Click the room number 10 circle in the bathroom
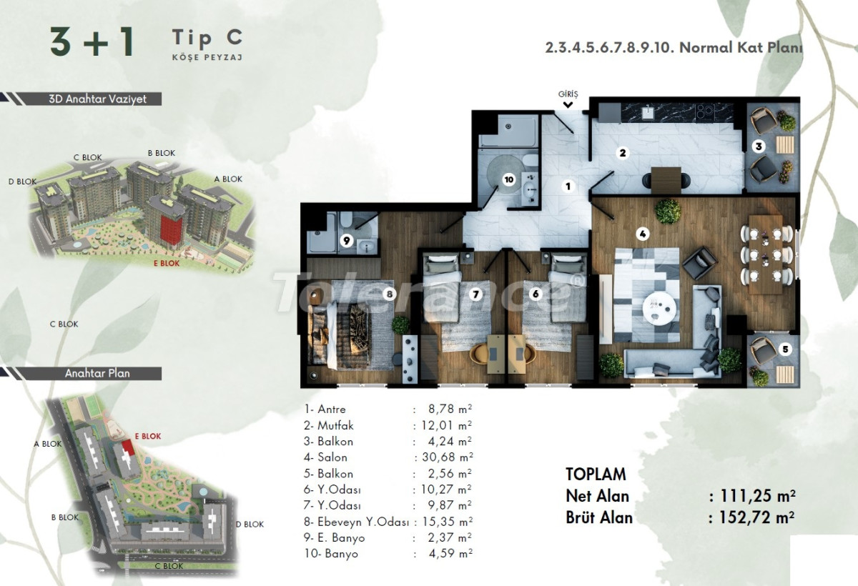coord(508,180)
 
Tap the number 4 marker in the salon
coord(643,233)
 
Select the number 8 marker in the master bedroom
coord(390,293)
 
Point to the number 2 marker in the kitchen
coord(623,152)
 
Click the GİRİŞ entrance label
coord(568,94)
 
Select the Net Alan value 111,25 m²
coord(752,496)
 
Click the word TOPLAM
coord(596,474)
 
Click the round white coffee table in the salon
coord(659,307)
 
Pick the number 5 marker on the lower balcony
coord(785,349)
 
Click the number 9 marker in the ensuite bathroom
coord(345,240)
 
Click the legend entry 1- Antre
coord(325,409)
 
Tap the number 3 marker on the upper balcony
coord(759,146)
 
